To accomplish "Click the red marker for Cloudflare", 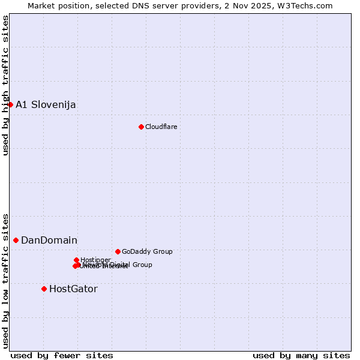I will click(141, 127).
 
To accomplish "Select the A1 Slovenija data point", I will click(10, 104).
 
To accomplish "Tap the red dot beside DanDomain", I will click(16, 240).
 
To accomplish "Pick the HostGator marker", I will click(44, 289).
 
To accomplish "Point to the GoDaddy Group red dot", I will click(118, 251).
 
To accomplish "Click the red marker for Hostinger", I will click(76, 260).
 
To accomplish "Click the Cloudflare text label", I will click(161, 127).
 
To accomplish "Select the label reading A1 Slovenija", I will click(46, 105).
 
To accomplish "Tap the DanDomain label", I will click(49, 241).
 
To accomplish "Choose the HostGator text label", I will click(73, 289).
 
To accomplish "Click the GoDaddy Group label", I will click(147, 252).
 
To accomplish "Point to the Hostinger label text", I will click(95, 260).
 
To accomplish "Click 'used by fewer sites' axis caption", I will click(62, 355).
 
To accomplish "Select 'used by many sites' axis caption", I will click(301, 355).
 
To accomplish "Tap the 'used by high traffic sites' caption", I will click(6, 85).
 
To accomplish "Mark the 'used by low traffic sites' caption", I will click(6, 280).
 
